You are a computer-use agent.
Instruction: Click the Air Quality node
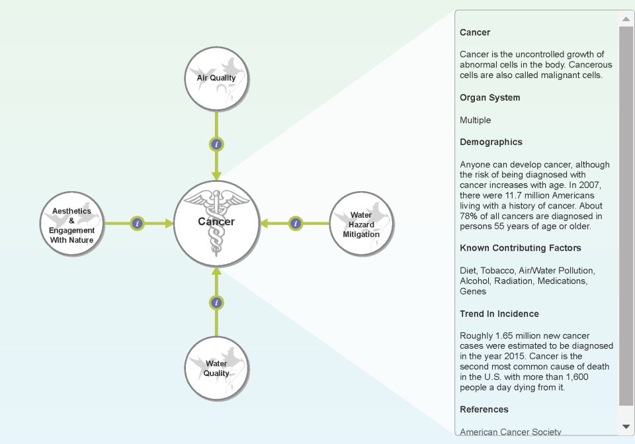pyautogui.click(x=216, y=78)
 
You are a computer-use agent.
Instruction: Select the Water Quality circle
pyautogui.click(x=216, y=369)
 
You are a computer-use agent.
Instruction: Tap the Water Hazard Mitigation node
pyautogui.click(x=361, y=224)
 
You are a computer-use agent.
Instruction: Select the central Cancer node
pyautogui.click(x=216, y=222)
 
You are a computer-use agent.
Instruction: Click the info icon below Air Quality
pyautogui.click(x=216, y=144)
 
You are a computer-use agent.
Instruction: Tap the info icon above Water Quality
pyautogui.click(x=216, y=303)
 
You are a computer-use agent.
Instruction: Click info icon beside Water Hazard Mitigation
pyautogui.click(x=296, y=224)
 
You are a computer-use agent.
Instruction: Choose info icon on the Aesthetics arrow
pyautogui.click(x=137, y=224)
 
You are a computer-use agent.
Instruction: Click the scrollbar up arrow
pyautogui.click(x=626, y=19)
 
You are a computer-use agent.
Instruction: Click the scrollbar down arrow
pyautogui.click(x=626, y=427)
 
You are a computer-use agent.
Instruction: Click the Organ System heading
pyautogui.click(x=490, y=98)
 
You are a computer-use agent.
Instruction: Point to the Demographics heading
pyautogui.click(x=491, y=142)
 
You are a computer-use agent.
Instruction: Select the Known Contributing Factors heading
pyautogui.click(x=521, y=248)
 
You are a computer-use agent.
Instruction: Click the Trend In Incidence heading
pyautogui.click(x=499, y=314)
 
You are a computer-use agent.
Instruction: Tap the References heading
pyautogui.click(x=484, y=410)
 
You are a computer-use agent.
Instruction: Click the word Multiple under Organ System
pyautogui.click(x=476, y=120)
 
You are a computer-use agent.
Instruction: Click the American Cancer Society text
pyautogui.click(x=510, y=431)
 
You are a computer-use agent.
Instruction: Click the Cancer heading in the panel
pyautogui.click(x=475, y=32)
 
